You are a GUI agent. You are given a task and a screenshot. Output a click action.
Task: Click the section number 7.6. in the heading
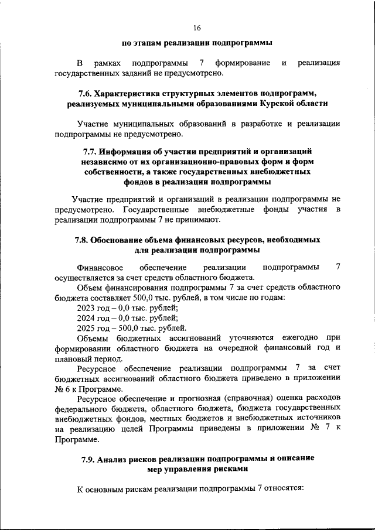[x=86, y=93]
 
